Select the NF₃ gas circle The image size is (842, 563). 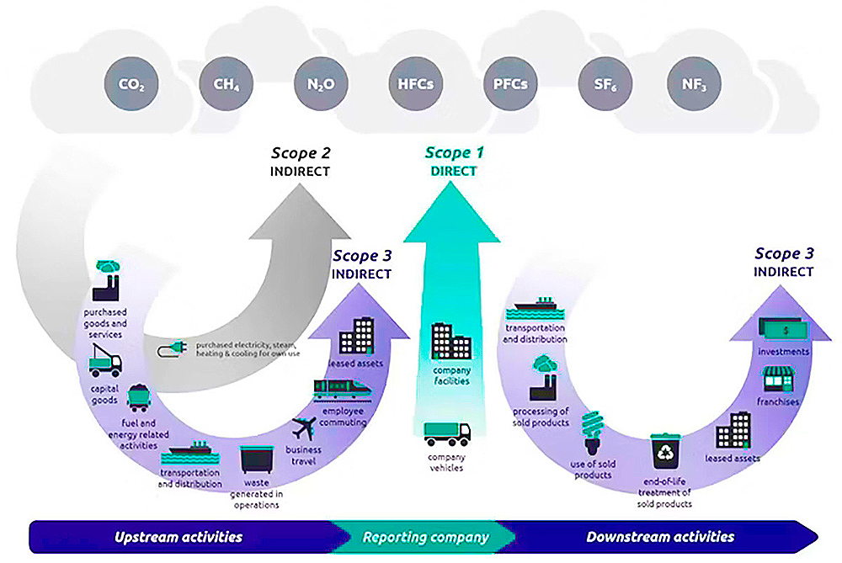695,85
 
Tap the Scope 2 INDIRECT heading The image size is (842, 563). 300,161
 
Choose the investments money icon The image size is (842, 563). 782,328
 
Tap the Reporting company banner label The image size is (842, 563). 425,537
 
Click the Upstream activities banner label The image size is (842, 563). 179,537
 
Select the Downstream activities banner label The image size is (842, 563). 660,537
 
